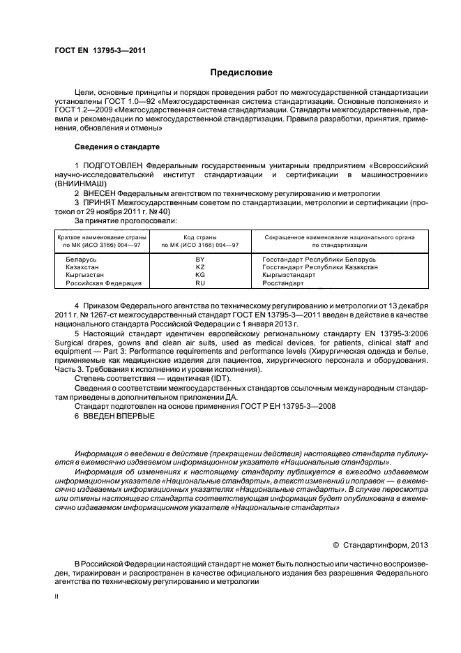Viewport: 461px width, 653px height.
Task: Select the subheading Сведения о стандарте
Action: (x=117, y=148)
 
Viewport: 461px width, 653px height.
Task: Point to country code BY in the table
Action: (x=199, y=260)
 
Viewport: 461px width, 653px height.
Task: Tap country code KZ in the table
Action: (x=199, y=267)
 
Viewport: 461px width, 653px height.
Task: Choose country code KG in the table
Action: (x=199, y=275)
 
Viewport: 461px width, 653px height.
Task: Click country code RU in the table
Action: (x=199, y=283)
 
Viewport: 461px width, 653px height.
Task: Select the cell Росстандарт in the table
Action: (x=283, y=283)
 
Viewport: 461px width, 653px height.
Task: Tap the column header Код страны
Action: (x=199, y=238)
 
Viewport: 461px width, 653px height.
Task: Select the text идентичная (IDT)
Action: (x=196, y=377)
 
